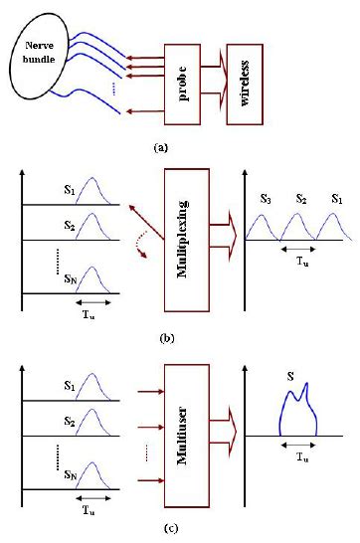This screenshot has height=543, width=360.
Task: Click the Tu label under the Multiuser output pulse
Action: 294,452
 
